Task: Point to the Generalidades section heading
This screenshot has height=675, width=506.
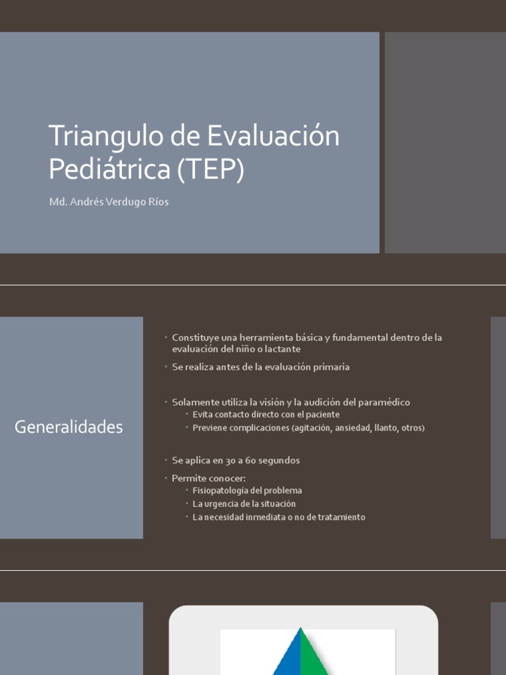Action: pos(69,427)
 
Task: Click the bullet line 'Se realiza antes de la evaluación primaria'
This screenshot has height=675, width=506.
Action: pos(261,367)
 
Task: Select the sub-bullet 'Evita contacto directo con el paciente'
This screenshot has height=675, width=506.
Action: pos(266,415)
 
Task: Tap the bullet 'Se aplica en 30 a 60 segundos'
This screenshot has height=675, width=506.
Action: pos(236,460)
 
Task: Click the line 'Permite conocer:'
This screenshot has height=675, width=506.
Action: pos(209,478)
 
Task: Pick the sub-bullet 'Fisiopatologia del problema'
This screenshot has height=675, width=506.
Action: pos(247,491)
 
